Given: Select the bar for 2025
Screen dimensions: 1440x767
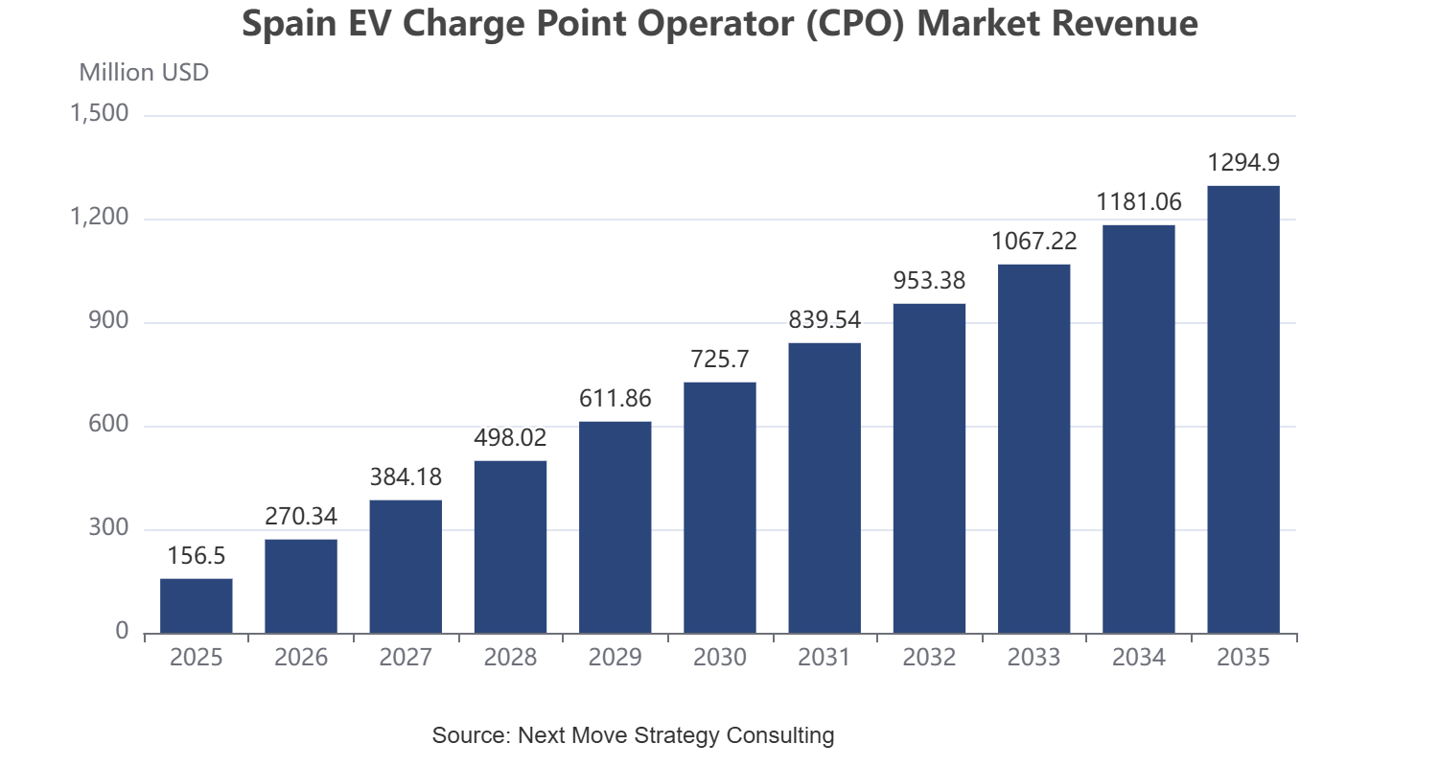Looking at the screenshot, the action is pyautogui.click(x=197, y=606).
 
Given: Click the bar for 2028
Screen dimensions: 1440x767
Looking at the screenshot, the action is pyautogui.click(x=510, y=547).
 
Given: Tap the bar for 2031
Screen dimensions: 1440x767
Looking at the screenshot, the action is pyautogui.click(x=825, y=488).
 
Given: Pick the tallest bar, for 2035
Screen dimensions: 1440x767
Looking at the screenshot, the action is pyautogui.click(x=1243, y=409).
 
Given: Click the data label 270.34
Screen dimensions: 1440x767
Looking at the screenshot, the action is pyautogui.click(x=301, y=516).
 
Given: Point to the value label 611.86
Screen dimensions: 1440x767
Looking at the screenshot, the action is pyautogui.click(x=615, y=399).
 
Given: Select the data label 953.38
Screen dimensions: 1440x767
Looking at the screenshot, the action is pyautogui.click(x=930, y=280).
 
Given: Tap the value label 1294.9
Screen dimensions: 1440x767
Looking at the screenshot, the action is pyautogui.click(x=1243, y=163).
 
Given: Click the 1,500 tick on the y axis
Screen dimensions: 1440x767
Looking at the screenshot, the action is pyautogui.click(x=99, y=114).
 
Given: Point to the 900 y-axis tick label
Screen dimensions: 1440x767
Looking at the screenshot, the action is pyautogui.click(x=108, y=321).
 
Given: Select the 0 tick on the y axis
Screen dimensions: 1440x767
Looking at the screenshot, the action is pyautogui.click(x=122, y=632).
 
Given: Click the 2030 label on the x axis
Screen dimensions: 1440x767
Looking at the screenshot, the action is pyautogui.click(x=720, y=658).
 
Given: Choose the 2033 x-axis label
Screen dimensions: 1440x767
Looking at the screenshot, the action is pyautogui.click(x=1034, y=658).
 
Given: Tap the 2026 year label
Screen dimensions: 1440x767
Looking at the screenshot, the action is pyautogui.click(x=301, y=658).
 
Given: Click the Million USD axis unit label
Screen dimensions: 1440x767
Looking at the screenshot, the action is pyautogui.click(x=144, y=73).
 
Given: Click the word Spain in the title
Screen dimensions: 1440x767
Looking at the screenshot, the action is pyautogui.click(x=290, y=24).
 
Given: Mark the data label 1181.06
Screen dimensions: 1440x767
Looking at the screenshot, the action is pyautogui.click(x=1139, y=202).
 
